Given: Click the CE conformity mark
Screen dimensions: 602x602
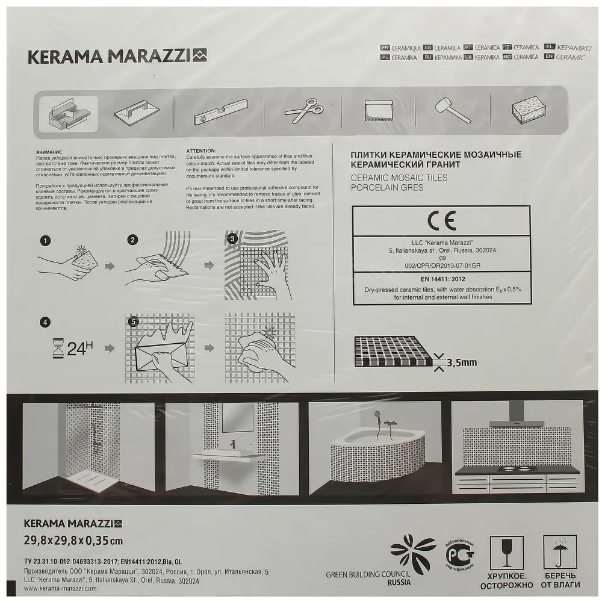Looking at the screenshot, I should coord(441,220).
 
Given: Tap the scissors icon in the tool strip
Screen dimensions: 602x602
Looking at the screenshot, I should coord(303,111).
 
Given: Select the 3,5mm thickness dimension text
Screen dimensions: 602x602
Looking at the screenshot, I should coord(462,362).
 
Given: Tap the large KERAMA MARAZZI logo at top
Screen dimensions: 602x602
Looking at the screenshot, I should coord(117,57).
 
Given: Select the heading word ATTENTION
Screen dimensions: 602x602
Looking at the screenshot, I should coord(201,150).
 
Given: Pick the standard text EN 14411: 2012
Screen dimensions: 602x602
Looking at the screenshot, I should coord(441,278).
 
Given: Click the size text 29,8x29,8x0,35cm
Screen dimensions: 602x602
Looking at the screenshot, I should coord(73,540).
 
